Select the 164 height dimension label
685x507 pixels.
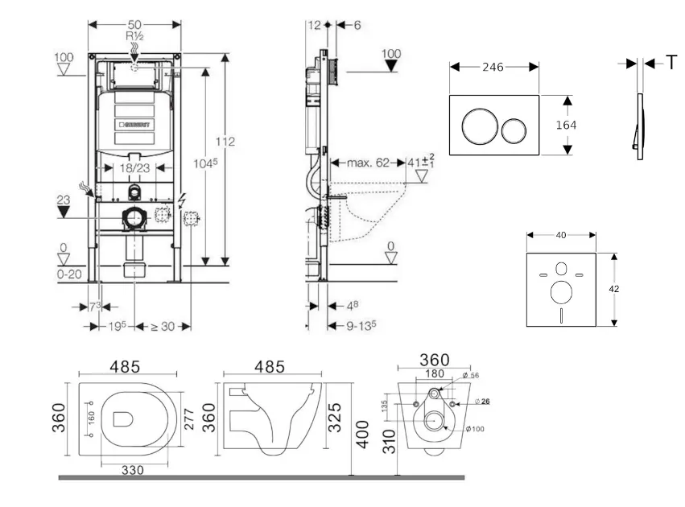tap(567, 125)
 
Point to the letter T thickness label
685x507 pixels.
tap(671, 63)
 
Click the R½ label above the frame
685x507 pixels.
tap(134, 37)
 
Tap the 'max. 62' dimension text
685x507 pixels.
tap(369, 163)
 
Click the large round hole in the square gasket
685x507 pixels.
tap(562, 292)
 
